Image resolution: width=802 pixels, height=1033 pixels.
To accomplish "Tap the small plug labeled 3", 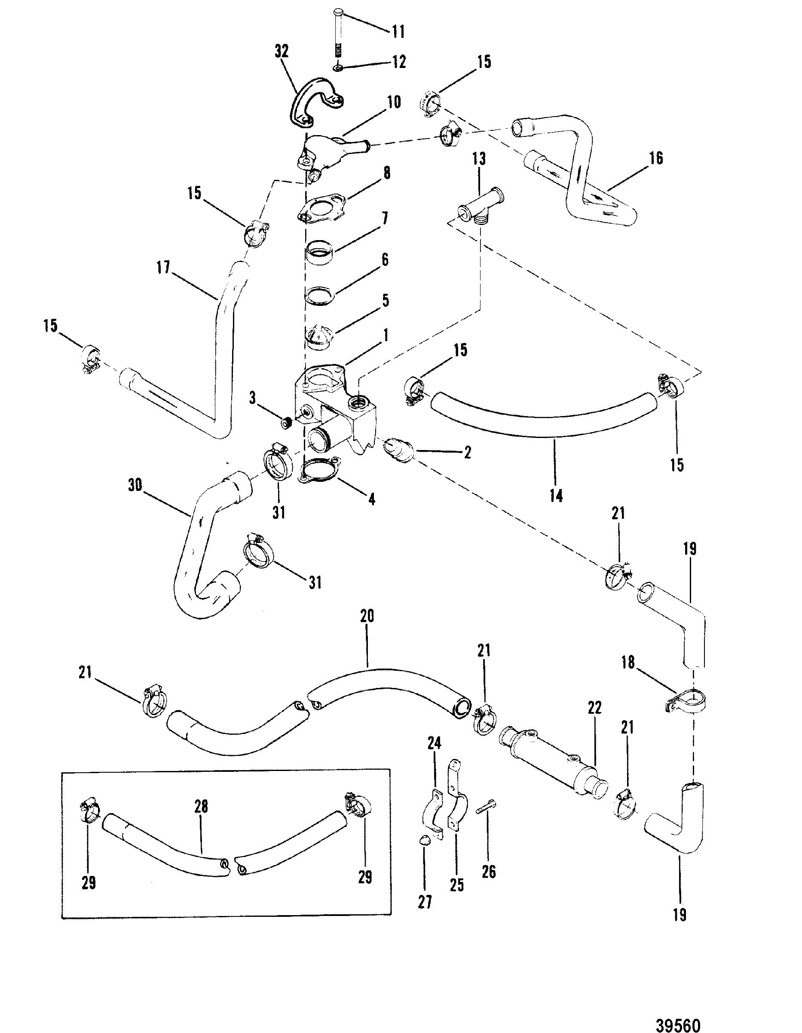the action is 285,422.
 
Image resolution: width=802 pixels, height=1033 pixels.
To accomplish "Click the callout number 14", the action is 556,496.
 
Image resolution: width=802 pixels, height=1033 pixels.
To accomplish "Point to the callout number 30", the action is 135,486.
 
